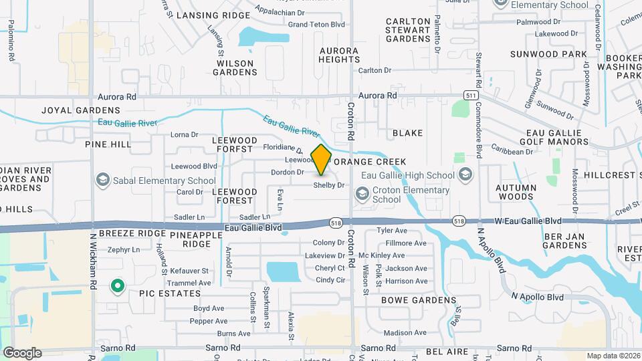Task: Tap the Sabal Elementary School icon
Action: point(103,180)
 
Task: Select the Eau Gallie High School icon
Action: point(465,175)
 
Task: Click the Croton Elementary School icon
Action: point(362,194)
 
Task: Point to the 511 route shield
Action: point(472,96)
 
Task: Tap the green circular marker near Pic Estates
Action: point(118,287)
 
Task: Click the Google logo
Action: point(22,352)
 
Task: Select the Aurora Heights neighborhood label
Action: point(339,55)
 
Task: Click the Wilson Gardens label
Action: point(235,68)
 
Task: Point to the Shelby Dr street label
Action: point(328,185)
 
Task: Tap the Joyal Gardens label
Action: point(81,110)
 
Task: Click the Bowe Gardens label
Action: point(418,301)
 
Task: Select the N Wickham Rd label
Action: point(94,261)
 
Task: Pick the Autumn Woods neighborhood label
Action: point(524,193)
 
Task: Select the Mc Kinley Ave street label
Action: point(382,255)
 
